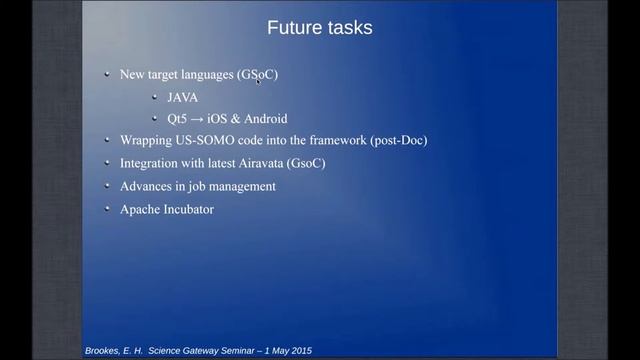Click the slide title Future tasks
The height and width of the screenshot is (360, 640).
320,28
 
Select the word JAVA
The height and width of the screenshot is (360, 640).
182,97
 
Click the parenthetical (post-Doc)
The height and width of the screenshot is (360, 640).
398,141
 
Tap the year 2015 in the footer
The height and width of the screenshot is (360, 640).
299,351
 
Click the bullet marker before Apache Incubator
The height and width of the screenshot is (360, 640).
107,208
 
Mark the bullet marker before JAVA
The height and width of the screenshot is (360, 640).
154,96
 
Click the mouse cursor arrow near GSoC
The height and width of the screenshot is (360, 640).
259,81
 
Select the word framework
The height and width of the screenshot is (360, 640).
329,141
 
